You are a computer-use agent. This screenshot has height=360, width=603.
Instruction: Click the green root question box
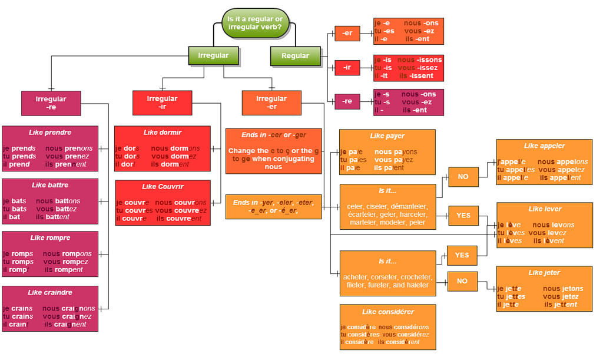point(255,23)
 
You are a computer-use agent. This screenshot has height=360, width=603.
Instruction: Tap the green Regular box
point(295,56)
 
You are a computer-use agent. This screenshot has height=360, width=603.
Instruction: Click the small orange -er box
point(347,34)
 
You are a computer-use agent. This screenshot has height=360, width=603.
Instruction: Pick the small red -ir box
point(347,67)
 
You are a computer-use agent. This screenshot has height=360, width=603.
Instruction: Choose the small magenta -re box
point(347,101)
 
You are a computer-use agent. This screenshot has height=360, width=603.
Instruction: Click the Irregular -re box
point(51,103)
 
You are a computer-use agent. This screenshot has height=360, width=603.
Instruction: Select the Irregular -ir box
point(162,103)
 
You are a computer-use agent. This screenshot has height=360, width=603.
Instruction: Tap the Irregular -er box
point(271,103)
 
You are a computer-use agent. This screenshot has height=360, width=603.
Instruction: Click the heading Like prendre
point(50,132)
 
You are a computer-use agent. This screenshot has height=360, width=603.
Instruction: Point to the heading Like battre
point(50,185)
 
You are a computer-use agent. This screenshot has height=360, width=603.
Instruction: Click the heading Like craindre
point(50,292)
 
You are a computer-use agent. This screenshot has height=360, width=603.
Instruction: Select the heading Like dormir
point(162,132)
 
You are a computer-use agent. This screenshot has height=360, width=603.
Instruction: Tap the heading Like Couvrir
point(163,186)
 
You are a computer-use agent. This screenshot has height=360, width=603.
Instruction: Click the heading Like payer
point(387,136)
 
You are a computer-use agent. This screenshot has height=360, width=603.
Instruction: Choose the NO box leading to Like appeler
point(463,176)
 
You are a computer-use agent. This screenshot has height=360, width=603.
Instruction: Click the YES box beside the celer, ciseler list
point(463,215)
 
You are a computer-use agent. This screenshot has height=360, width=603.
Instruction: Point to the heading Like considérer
point(387,312)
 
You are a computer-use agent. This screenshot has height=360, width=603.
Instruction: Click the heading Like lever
point(545,209)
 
